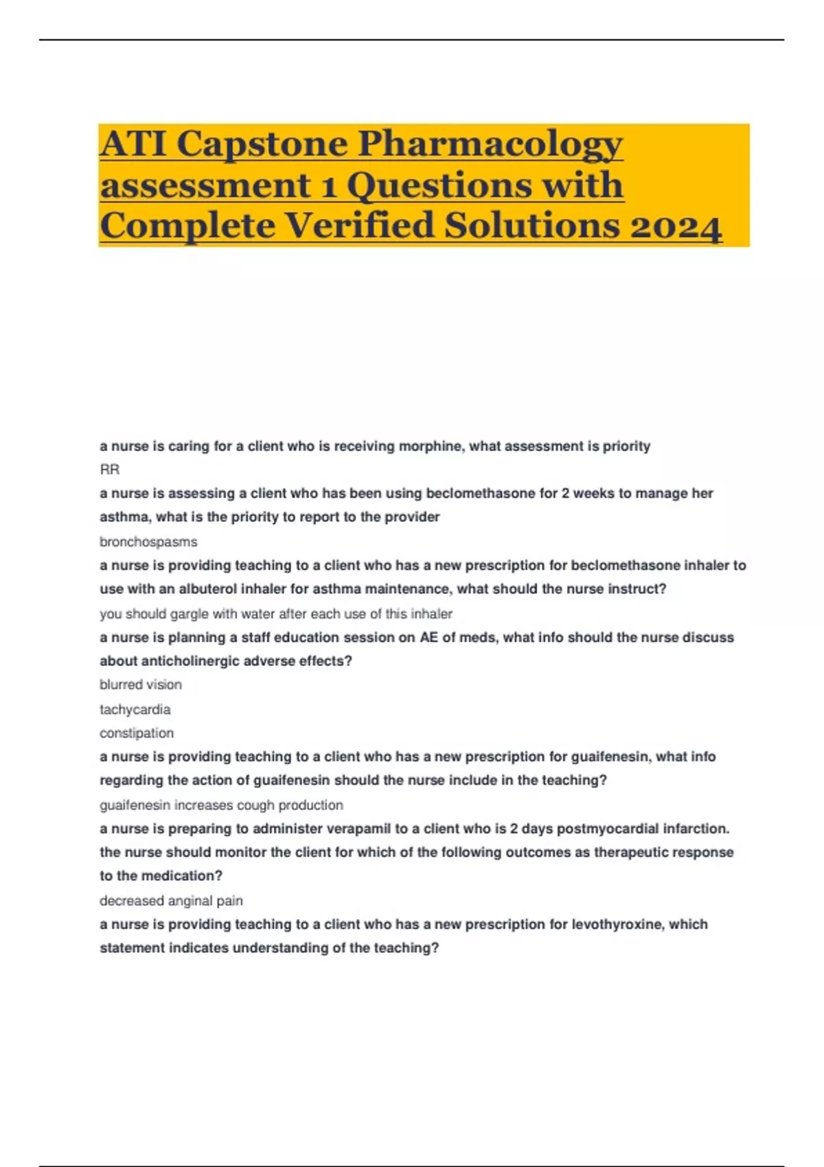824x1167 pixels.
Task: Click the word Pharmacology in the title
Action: pyautogui.click(x=490, y=144)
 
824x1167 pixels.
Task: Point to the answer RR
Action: pyautogui.click(x=110, y=470)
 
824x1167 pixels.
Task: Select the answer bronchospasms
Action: pyautogui.click(x=148, y=542)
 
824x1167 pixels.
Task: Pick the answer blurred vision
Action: pyautogui.click(x=141, y=684)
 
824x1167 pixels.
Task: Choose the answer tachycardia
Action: pyautogui.click(x=135, y=709)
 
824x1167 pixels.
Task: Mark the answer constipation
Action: pyautogui.click(x=137, y=733)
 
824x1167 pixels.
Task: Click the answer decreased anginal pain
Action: pyautogui.click(x=171, y=901)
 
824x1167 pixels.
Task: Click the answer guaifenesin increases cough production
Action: pyautogui.click(x=221, y=805)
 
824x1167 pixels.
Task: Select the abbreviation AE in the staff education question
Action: pyautogui.click(x=428, y=637)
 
